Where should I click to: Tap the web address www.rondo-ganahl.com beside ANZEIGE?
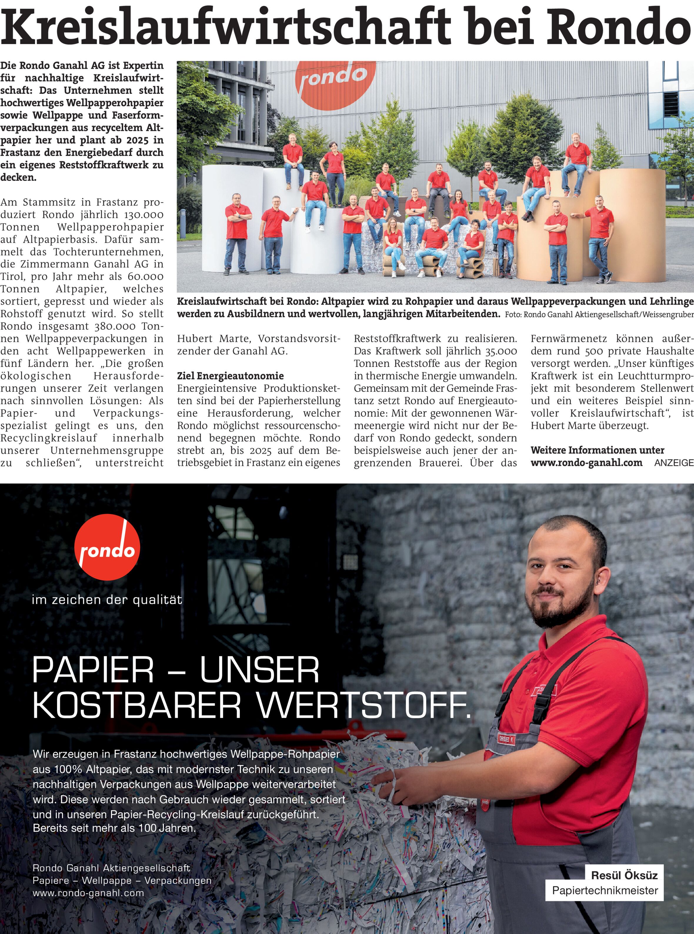(x=586, y=463)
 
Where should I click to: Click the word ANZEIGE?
(x=674, y=463)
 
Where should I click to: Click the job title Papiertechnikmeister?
(x=605, y=890)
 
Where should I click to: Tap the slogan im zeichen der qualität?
(x=107, y=600)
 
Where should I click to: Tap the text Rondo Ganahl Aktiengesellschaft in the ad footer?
(x=111, y=868)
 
